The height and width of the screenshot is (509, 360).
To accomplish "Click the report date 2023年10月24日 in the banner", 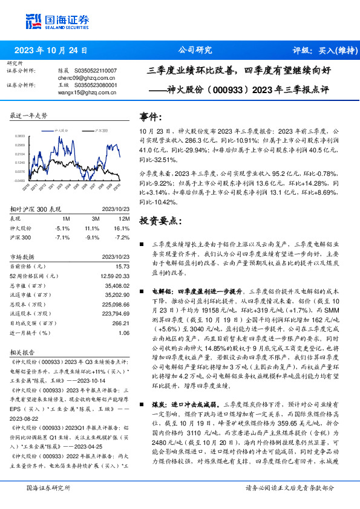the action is point(51,50).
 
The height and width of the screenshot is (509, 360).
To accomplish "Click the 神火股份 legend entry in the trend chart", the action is point(61,130).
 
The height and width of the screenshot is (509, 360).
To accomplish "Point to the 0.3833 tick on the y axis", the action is point(21,137).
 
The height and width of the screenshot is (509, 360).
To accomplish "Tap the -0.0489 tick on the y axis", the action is point(21,180).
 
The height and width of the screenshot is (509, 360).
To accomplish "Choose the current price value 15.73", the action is point(123,266).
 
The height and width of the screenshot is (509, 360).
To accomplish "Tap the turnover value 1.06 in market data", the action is point(124,332).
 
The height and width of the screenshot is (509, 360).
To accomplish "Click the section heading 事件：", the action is point(151,115).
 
